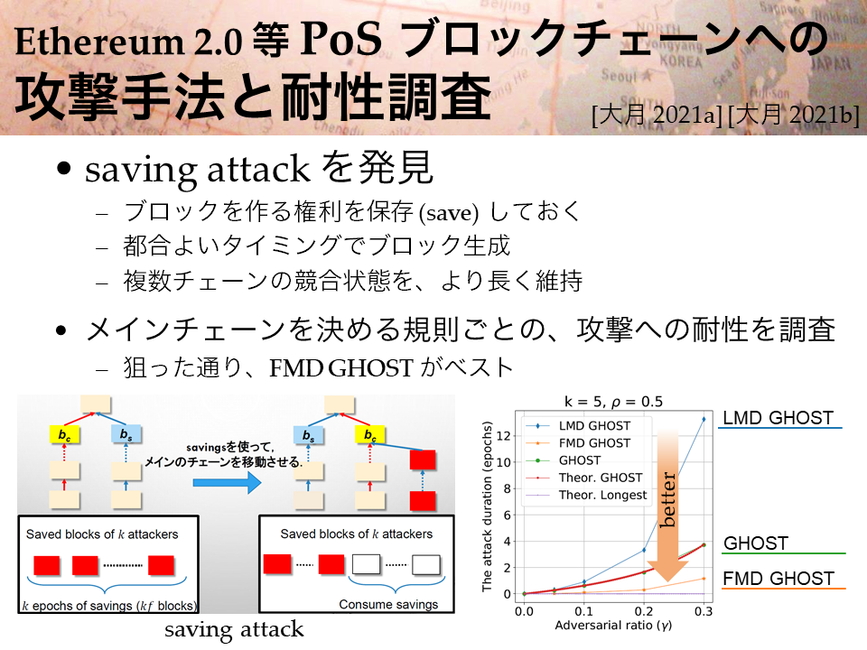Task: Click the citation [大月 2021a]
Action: tap(657, 116)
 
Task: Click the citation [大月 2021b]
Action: tap(794, 116)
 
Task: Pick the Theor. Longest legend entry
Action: tap(585, 495)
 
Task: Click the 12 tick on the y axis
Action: tap(503, 435)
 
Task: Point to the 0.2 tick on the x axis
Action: tap(644, 611)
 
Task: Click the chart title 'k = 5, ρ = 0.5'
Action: tap(613, 402)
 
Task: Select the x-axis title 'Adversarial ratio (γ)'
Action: tap(613, 625)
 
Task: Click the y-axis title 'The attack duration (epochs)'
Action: tap(487, 506)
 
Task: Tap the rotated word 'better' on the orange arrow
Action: tap(668, 499)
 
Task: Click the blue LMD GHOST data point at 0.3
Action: tap(704, 420)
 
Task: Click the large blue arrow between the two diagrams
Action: tap(227, 482)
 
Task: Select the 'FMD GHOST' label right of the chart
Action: tap(778, 578)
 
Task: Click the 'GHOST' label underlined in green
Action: tap(756, 543)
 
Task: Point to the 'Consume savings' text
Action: tap(388, 604)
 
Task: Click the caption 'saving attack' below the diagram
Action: tap(234, 629)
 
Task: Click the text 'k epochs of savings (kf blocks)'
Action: tap(109, 606)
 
